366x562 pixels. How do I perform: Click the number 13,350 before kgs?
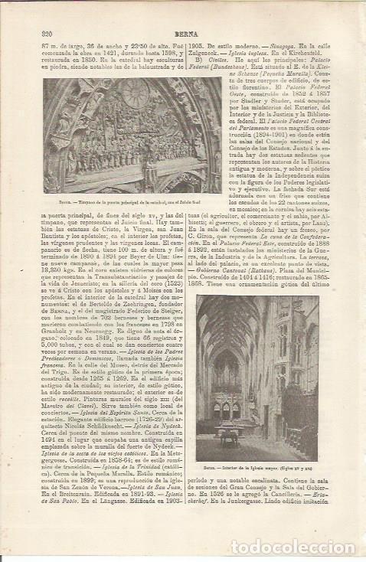pyautogui.click(x=59, y=271)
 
